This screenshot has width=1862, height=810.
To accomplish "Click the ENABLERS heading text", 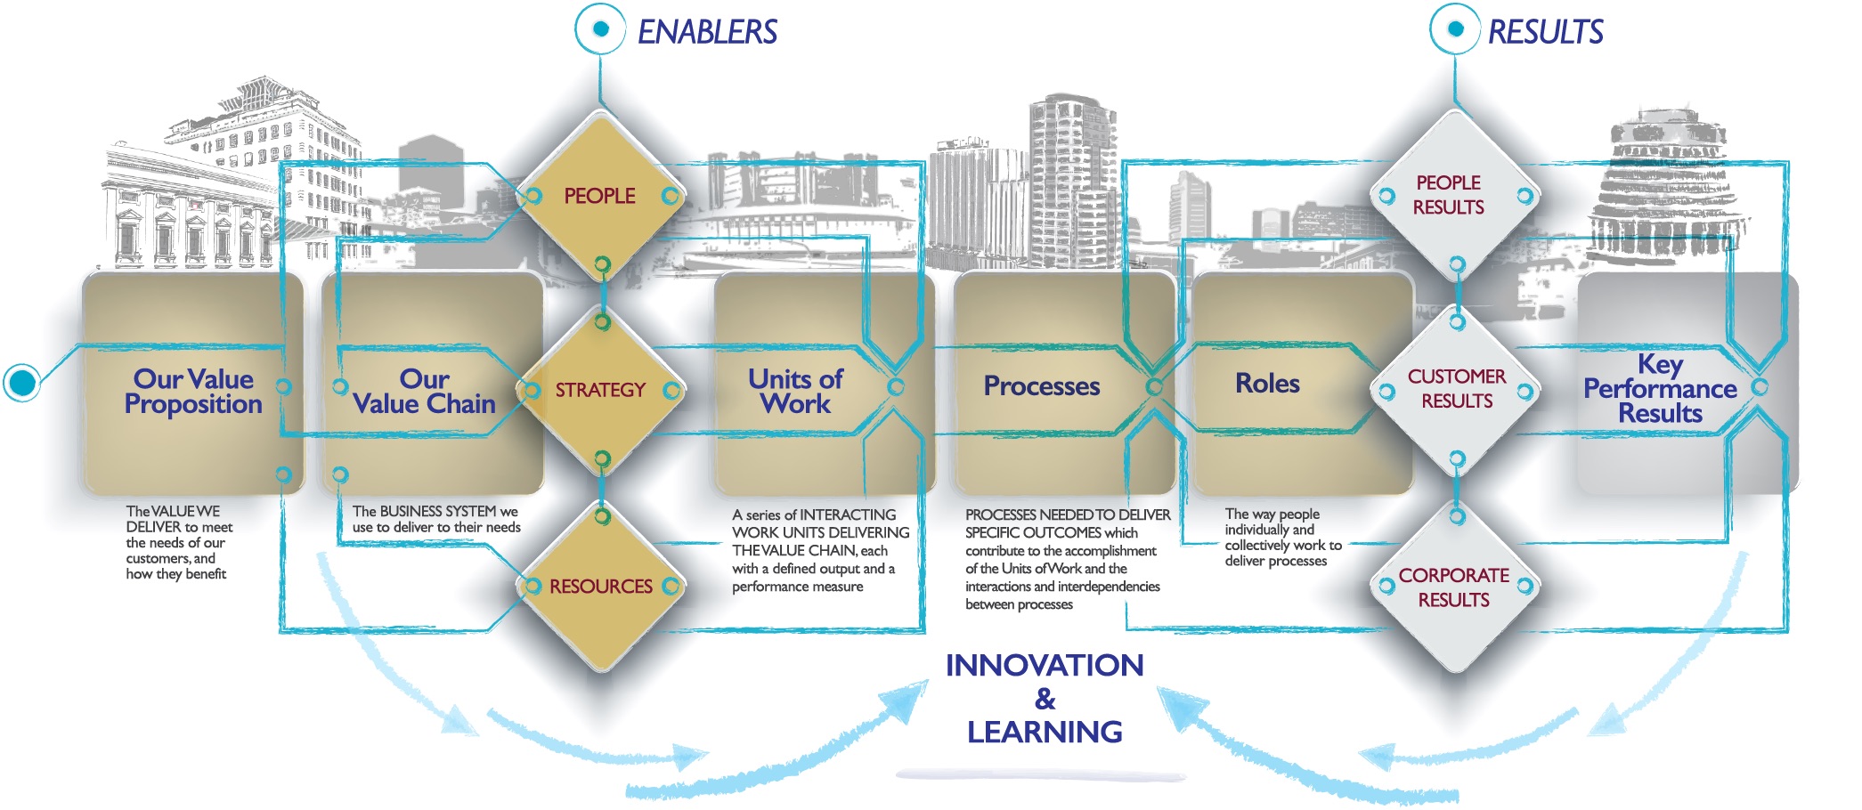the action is [707, 32].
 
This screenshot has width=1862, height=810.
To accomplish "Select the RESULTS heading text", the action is [1545, 32].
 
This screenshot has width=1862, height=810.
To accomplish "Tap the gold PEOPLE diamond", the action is [601, 196].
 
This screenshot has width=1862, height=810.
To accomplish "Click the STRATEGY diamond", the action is [601, 390].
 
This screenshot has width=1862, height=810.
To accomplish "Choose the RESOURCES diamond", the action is [601, 586].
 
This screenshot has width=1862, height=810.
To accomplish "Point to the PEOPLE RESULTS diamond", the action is [1456, 196].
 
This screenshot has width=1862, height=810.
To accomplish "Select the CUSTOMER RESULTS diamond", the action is [1456, 390].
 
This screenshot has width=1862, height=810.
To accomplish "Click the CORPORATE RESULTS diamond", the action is [1456, 587].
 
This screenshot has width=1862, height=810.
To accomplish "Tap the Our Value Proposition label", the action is [193, 392].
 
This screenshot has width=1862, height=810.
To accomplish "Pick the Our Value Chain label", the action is [424, 392].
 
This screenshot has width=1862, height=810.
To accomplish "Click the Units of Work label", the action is [795, 392].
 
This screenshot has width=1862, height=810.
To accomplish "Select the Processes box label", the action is [1042, 386].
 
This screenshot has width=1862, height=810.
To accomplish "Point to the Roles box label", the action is [1267, 384].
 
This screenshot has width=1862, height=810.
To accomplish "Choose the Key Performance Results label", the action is [1660, 389].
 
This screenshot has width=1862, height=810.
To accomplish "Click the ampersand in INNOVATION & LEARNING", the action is [1045, 699].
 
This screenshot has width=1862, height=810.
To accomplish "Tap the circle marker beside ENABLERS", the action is [601, 29].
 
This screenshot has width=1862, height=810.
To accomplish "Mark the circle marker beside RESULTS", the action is [1456, 29].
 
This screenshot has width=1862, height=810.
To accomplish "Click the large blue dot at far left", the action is [22, 383].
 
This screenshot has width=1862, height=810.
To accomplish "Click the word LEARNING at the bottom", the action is [1045, 732].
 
